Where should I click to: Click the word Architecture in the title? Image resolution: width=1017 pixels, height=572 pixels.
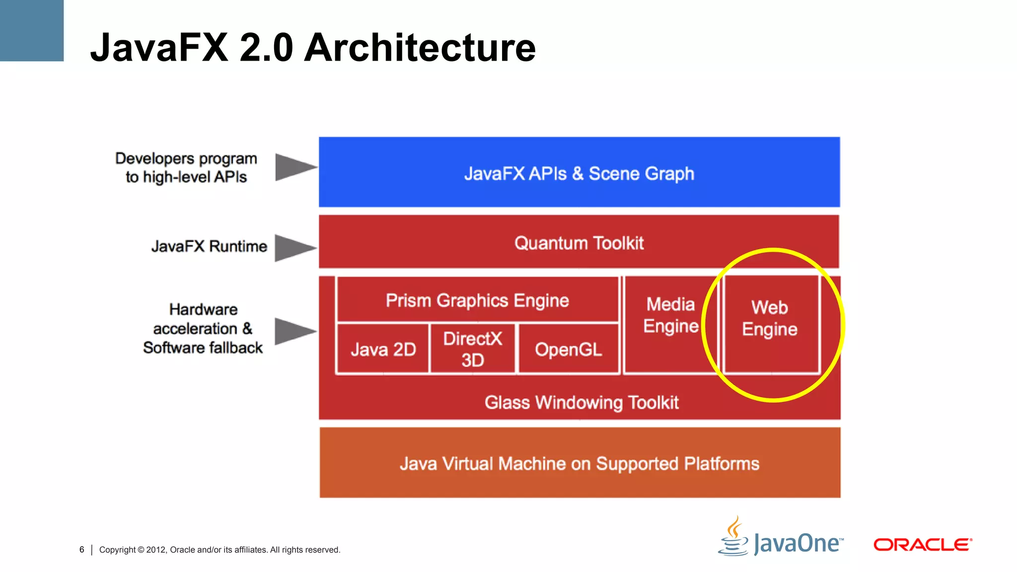pyautogui.click(x=420, y=48)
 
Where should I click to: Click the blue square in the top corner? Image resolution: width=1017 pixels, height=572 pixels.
pyautogui.click(x=31, y=30)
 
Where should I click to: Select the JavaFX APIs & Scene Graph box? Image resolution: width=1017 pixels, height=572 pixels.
pyautogui.click(x=579, y=172)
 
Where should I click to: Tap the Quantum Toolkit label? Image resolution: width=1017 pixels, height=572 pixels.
pyautogui.click(x=579, y=243)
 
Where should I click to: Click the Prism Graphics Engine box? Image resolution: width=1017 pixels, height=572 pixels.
pyautogui.click(x=477, y=300)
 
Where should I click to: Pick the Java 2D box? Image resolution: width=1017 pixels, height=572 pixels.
pyautogui.click(x=383, y=349)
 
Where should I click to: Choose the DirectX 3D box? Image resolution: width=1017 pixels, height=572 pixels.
pyautogui.click(x=472, y=349)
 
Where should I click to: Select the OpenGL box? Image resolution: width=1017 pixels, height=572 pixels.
pyautogui.click(x=569, y=349)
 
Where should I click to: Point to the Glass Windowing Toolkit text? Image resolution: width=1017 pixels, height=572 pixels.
pyautogui.click(x=581, y=402)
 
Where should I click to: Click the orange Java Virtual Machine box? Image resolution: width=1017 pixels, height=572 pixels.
pyautogui.click(x=580, y=463)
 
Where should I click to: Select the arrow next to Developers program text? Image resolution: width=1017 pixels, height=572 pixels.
pyautogui.click(x=294, y=167)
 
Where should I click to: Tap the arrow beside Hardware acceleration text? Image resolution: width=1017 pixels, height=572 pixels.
pyautogui.click(x=294, y=331)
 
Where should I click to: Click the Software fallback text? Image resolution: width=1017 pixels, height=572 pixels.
pyautogui.click(x=203, y=348)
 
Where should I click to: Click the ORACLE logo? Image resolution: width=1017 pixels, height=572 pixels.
pyautogui.click(x=923, y=545)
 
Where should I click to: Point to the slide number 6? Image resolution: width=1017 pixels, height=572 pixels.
pyautogui.click(x=82, y=550)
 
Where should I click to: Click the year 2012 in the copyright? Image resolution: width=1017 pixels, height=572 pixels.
pyautogui.click(x=156, y=550)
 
